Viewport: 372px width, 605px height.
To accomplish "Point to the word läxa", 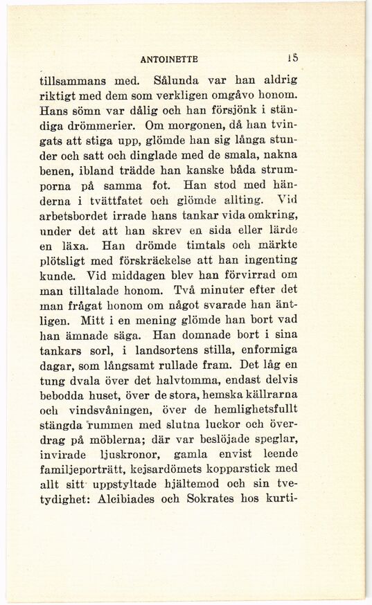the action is click(80, 244).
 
